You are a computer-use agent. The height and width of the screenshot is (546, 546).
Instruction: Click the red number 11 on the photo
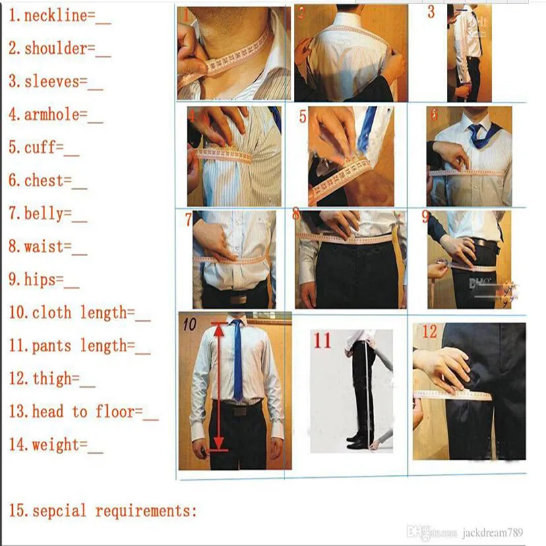pos(322,341)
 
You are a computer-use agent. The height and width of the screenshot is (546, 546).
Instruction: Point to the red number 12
pos(429,332)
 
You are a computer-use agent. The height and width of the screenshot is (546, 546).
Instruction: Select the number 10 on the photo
pos(189,324)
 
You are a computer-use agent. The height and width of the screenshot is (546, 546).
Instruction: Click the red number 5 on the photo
pos(303,117)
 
